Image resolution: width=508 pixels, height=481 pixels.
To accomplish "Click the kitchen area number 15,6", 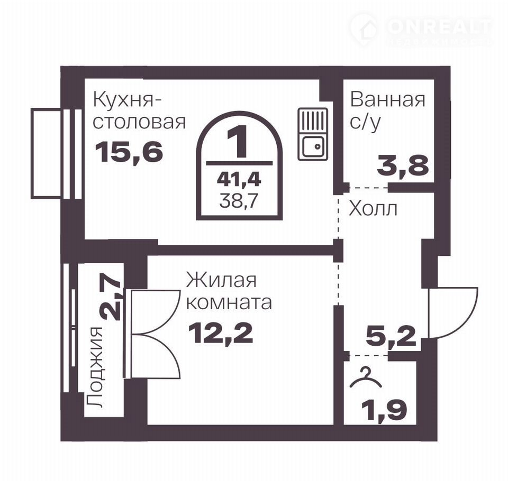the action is click(129, 152).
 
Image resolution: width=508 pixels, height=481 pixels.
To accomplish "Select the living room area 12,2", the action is click(221, 334).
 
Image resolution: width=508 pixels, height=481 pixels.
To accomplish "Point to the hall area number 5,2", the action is click(391, 337).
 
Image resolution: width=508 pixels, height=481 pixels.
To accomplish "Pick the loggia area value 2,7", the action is click(111, 300).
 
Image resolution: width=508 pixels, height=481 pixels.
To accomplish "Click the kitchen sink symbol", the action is click(313, 134).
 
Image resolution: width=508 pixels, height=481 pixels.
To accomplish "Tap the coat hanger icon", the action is click(366, 377).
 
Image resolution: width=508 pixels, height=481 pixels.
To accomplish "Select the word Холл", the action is click(373, 209).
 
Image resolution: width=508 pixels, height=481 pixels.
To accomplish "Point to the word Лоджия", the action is click(95, 367).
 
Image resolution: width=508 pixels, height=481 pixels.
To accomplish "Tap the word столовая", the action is click(139, 122).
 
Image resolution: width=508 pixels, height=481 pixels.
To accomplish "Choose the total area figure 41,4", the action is click(239, 179).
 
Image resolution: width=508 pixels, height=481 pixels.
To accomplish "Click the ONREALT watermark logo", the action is click(421, 29).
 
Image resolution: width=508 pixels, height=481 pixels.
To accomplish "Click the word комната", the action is click(229, 303).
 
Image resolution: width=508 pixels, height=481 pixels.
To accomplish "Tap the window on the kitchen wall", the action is click(56, 153).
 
